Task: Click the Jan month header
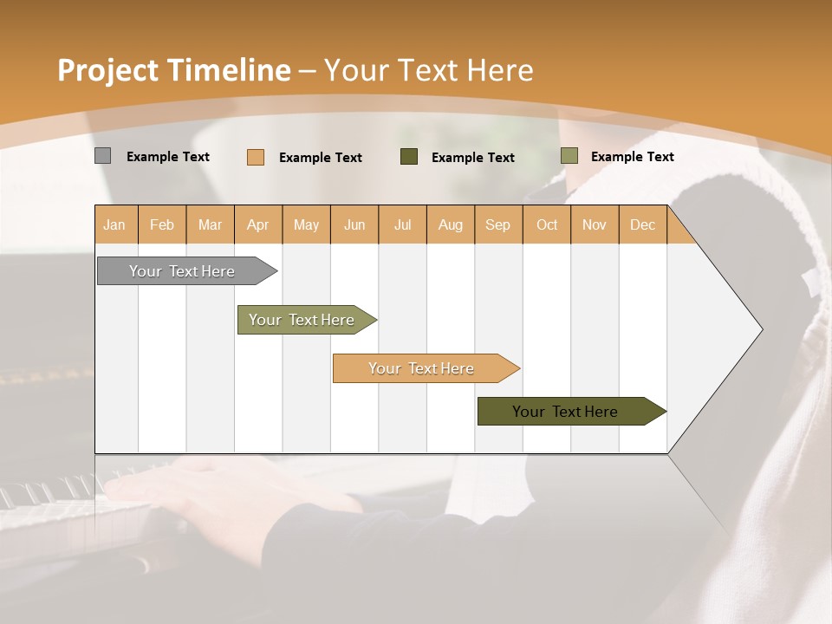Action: tap(114, 224)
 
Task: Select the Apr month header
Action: tap(257, 224)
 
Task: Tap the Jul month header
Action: tap(402, 224)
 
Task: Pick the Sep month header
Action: tap(497, 224)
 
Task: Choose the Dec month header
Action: tap(642, 224)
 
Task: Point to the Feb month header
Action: tap(162, 224)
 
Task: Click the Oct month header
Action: tap(546, 224)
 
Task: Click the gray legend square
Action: tap(102, 156)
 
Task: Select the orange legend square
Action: tap(255, 157)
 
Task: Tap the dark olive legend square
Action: tap(408, 156)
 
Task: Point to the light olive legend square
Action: tap(569, 156)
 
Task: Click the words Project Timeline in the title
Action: tap(173, 70)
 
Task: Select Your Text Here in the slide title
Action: tap(428, 70)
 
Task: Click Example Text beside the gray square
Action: tap(167, 157)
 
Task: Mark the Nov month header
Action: tap(594, 224)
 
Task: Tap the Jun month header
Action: tap(354, 224)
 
